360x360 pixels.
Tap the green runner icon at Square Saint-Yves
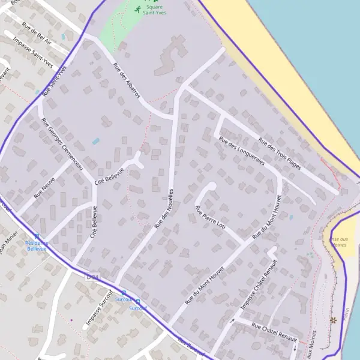[138, 9]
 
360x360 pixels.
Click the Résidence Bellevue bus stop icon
[37, 236]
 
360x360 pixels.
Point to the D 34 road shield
[92, 277]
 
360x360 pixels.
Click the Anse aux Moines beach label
[338, 242]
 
